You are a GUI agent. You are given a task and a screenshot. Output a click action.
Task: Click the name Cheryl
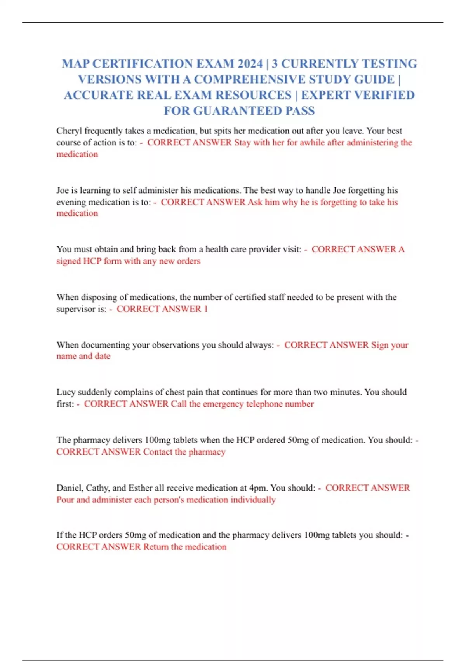click(x=69, y=131)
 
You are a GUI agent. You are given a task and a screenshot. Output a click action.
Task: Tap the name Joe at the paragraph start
click(x=63, y=191)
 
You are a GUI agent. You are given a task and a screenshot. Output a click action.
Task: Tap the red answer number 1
click(x=206, y=309)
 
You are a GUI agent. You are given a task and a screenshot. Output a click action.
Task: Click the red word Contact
click(x=158, y=452)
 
